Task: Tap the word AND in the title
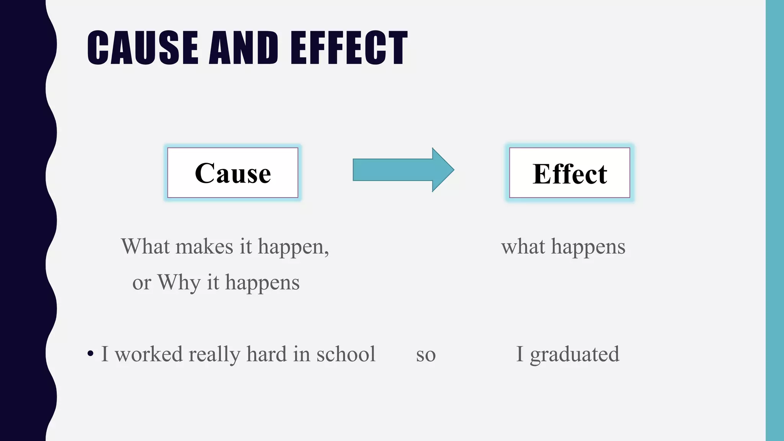click(x=243, y=47)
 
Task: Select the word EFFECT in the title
click(x=349, y=47)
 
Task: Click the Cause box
click(x=233, y=173)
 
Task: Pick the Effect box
click(x=570, y=173)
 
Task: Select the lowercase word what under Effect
click(x=523, y=247)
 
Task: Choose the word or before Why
click(x=141, y=284)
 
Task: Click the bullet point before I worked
click(x=90, y=353)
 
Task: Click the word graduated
click(x=574, y=354)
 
